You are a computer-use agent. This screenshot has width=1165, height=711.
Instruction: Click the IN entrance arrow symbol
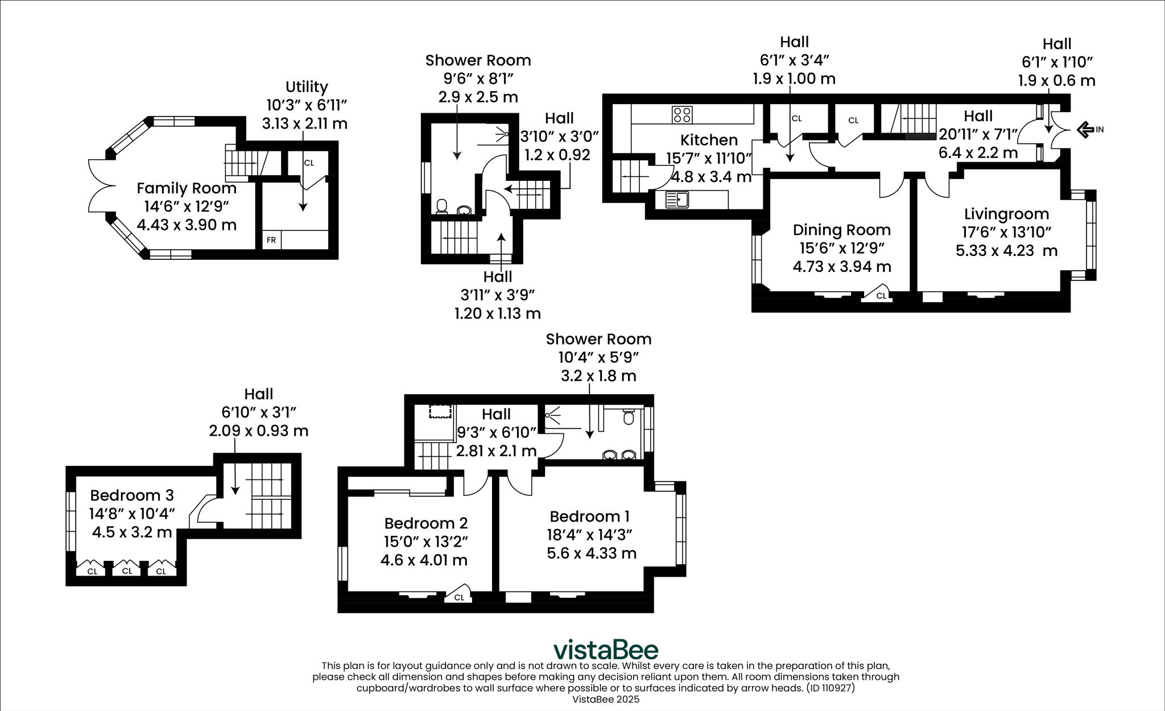coord(1085,130)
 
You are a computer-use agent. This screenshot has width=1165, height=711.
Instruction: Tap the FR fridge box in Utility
coord(271,240)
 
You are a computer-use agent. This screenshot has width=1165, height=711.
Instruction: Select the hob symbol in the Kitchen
coord(681,114)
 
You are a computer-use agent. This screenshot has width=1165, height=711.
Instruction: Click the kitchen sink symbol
coord(677,200)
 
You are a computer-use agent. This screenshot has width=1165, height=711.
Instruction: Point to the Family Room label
coord(187,188)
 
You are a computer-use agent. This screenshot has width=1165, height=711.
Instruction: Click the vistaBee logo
coord(606,650)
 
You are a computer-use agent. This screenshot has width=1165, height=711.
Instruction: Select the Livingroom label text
coord(1006,214)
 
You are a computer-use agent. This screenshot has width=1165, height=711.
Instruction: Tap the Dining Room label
coord(841,230)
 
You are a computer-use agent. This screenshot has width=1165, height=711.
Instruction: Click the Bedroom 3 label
coord(131,495)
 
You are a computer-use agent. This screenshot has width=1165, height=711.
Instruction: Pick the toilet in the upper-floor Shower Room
coord(629,417)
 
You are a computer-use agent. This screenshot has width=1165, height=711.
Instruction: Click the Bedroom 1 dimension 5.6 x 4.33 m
coord(591,553)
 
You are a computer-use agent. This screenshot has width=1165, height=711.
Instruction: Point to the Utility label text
coord(307,87)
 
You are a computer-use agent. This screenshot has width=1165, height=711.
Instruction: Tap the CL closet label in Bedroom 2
coord(459,597)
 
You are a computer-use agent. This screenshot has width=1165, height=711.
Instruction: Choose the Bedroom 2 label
coord(425,523)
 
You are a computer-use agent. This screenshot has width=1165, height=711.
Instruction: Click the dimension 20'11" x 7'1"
coord(978,135)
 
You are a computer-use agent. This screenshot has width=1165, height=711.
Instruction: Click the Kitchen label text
coord(709,140)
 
